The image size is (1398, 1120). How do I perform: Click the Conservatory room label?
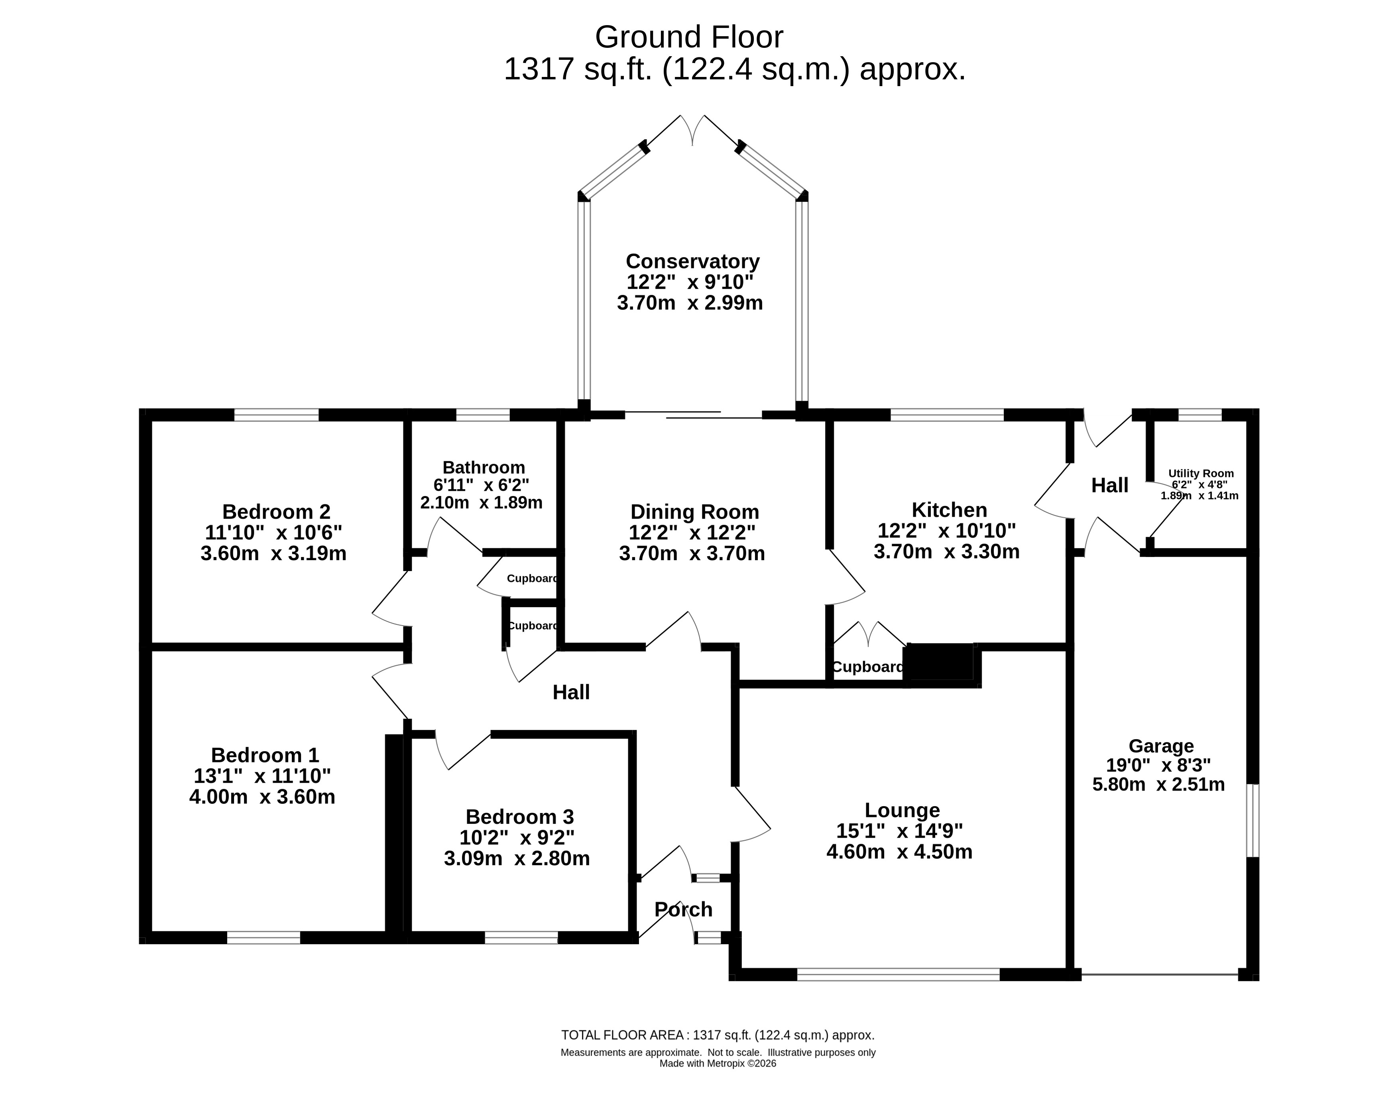pyautogui.click(x=692, y=261)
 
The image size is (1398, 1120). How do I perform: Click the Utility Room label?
pyautogui.click(x=1201, y=473)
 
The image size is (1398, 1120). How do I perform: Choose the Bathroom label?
pyautogui.click(x=484, y=468)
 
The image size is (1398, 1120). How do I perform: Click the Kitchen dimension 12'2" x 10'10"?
pyautogui.click(x=947, y=531)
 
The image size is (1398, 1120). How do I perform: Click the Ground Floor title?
pyautogui.click(x=688, y=37)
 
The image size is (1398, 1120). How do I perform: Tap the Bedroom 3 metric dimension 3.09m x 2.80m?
pyautogui.click(x=517, y=859)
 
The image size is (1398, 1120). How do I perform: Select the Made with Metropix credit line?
pyautogui.click(x=718, y=1063)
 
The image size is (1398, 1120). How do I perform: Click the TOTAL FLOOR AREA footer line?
pyautogui.click(x=718, y=1035)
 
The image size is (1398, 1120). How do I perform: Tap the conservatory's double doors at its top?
pyautogui.click(x=692, y=132)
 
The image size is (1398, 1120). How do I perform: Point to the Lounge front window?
pyautogui.click(x=898, y=974)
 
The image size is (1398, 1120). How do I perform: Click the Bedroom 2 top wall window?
pyautogui.click(x=276, y=415)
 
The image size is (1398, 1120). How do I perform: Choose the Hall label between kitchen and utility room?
pyautogui.click(x=1109, y=485)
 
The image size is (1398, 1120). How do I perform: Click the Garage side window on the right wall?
pyautogui.click(x=1253, y=821)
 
